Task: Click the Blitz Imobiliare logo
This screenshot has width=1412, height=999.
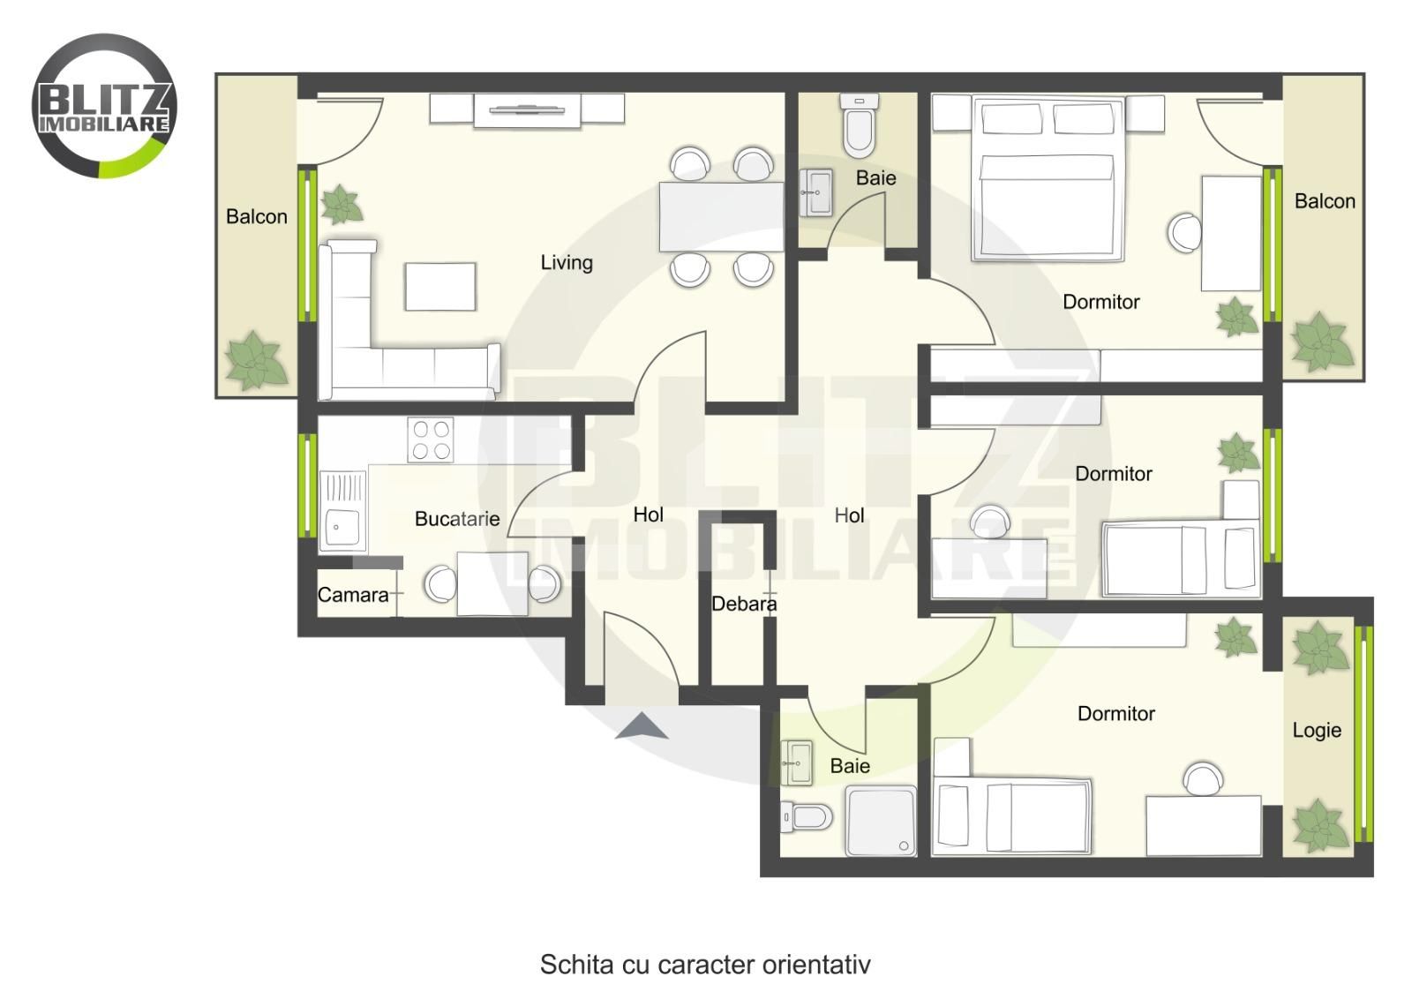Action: [x=104, y=106]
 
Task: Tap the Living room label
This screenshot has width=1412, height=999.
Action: [x=567, y=262]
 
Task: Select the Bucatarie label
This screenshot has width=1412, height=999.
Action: [x=457, y=519]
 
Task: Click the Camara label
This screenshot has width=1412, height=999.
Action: [x=353, y=594]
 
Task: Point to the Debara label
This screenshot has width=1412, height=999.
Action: [x=744, y=604]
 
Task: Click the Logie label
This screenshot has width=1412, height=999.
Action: [x=1317, y=731]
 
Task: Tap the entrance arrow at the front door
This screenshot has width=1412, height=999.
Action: [x=642, y=725]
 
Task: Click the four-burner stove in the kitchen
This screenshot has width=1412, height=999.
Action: [x=431, y=440]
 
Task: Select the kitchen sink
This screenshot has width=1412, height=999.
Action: [x=342, y=511]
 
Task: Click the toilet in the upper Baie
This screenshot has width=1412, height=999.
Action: [x=859, y=126]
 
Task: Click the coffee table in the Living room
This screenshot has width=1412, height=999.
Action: [x=440, y=287]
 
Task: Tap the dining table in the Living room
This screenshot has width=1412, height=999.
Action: [x=721, y=217]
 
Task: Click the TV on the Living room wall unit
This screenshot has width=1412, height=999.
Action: [x=527, y=110]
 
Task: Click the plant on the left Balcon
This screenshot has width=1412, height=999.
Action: [x=255, y=361]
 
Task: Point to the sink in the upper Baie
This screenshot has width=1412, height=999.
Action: [x=815, y=192]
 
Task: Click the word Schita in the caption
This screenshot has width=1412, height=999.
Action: [x=576, y=965]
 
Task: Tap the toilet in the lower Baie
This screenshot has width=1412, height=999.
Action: [x=806, y=817]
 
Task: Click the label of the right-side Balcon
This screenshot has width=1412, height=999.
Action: [x=1325, y=201]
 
